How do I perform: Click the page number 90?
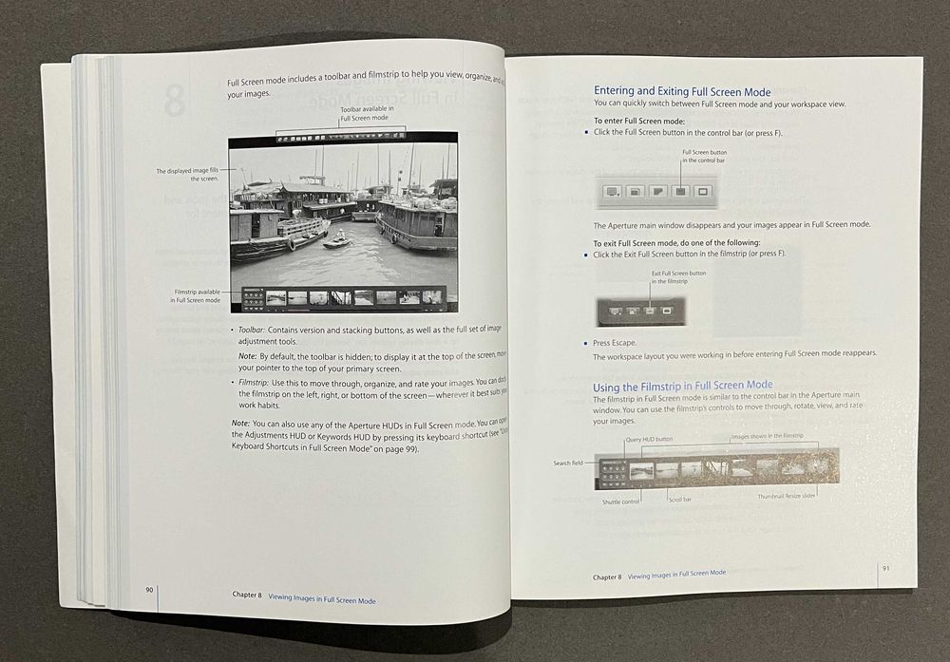point(149,591)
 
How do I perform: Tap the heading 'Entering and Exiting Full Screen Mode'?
point(682,91)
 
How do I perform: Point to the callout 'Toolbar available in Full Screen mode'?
point(366,114)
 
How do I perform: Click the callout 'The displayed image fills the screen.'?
point(188,175)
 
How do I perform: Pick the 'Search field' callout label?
point(568,463)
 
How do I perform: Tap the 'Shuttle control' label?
point(620,501)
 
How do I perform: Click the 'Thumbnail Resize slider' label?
point(786,496)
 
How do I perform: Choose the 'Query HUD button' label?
point(649,440)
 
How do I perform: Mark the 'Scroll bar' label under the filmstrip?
point(679,499)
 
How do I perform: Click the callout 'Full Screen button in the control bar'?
point(704,157)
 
